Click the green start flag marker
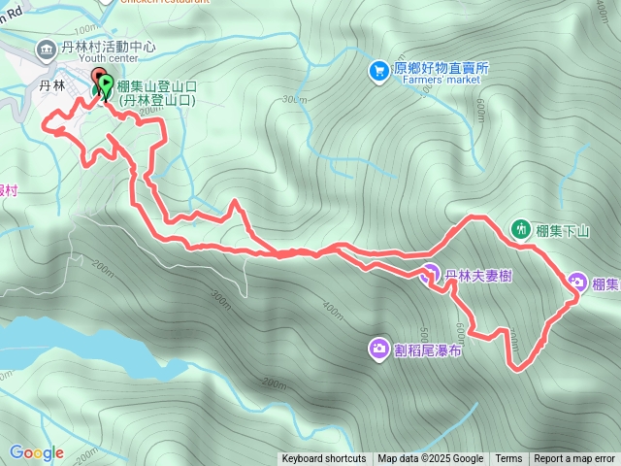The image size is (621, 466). click(105, 86)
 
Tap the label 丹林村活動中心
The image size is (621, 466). click(97, 47)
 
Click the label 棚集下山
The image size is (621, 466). click(563, 230)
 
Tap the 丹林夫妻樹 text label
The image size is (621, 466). click(478, 277)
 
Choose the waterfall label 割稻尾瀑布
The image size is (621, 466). click(428, 349)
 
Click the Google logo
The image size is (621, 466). click(36, 452)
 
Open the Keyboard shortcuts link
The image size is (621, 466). click(324, 459)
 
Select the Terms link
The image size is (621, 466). click(508, 459)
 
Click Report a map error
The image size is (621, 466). click(574, 459)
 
